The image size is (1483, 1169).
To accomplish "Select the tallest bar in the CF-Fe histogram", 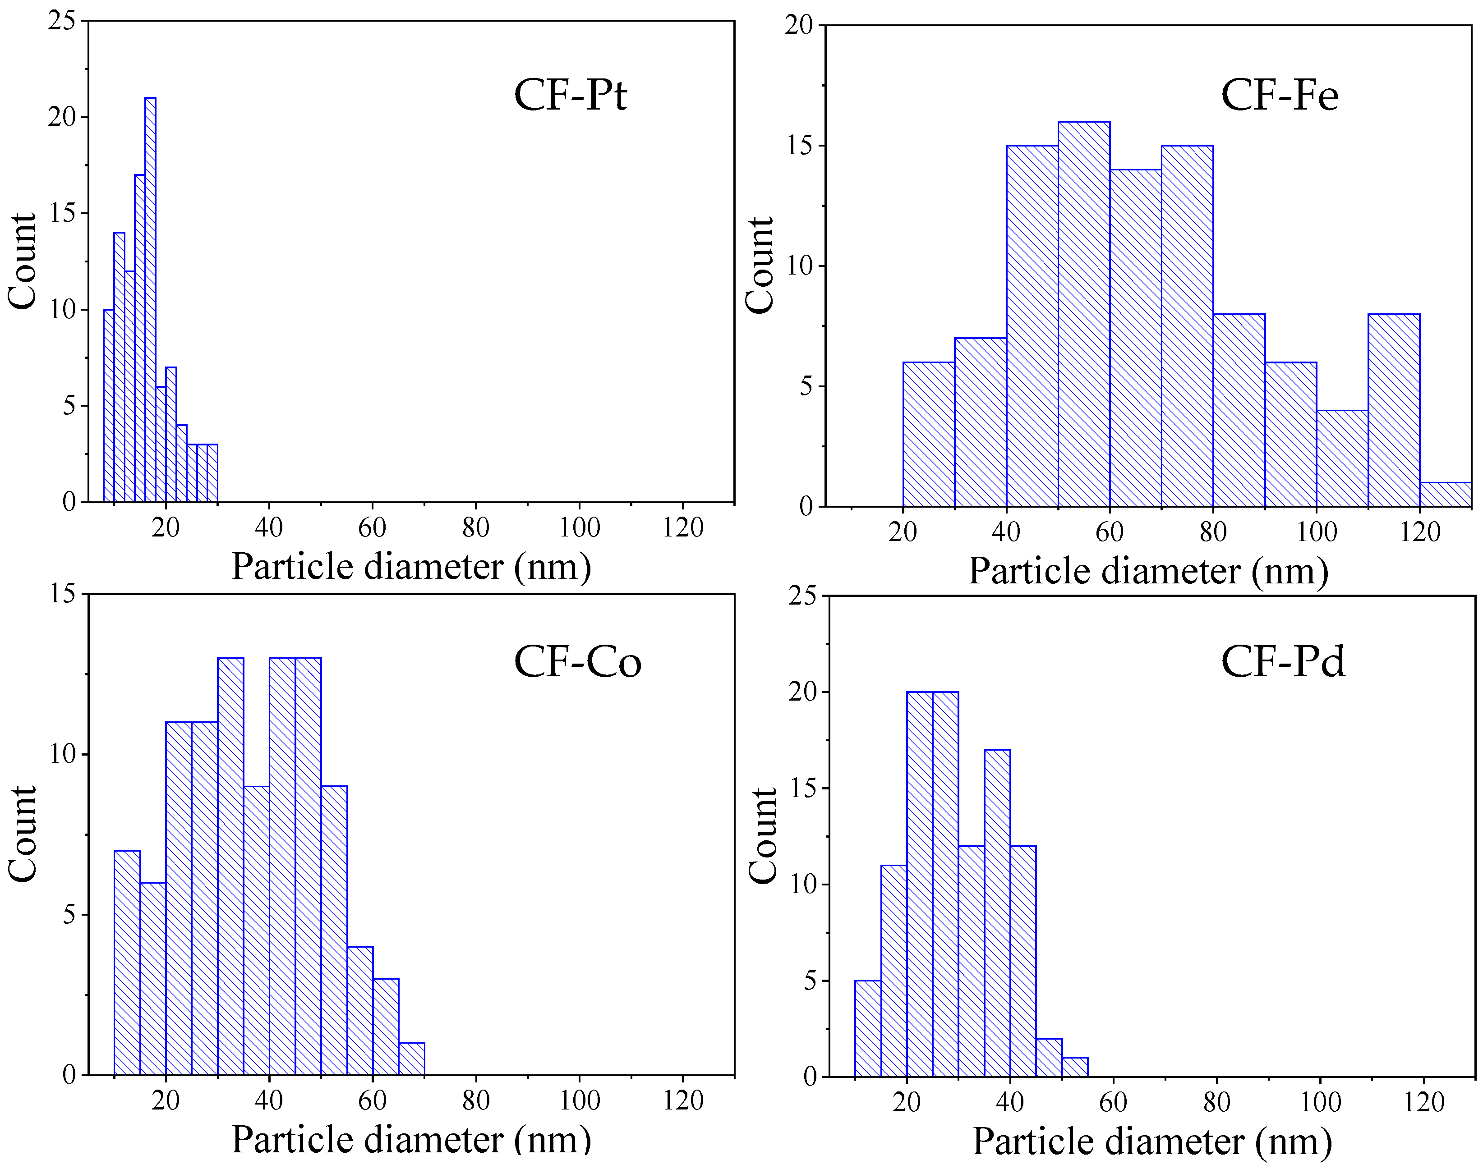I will click(1084, 315).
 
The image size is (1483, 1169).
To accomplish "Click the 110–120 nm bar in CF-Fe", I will click(1394, 411).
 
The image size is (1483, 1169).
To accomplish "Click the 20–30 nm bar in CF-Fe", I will click(928, 435).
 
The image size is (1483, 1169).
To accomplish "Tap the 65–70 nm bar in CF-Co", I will click(411, 1059).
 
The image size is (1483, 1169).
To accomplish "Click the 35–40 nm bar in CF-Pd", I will click(997, 914).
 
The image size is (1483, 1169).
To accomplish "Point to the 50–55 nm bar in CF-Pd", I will click(1075, 1068).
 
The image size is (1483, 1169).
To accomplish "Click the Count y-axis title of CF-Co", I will click(22, 834).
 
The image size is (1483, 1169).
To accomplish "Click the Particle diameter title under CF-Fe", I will click(1148, 571).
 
